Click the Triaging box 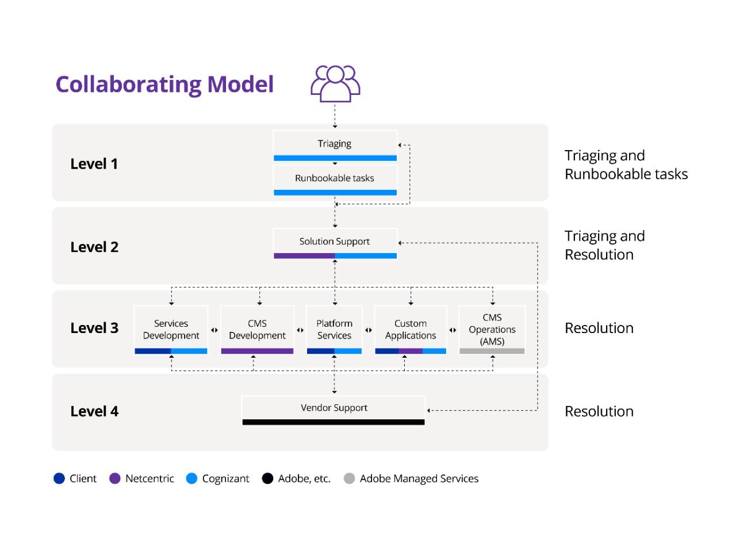click(x=335, y=146)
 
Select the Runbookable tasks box click(x=335, y=180)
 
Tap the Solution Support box click(x=335, y=244)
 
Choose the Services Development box click(x=171, y=330)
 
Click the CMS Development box click(x=257, y=330)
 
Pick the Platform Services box click(x=334, y=330)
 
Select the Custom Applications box click(x=411, y=330)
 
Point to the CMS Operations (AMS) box click(x=492, y=330)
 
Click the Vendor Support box click(x=333, y=410)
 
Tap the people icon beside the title click(x=335, y=83)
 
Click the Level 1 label click(x=94, y=164)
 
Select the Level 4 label click(x=94, y=411)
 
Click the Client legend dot click(x=59, y=479)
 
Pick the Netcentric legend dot click(x=115, y=479)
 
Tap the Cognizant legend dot click(x=192, y=479)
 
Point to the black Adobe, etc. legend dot click(x=267, y=479)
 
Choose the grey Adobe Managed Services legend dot click(x=349, y=479)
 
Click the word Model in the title click(x=240, y=84)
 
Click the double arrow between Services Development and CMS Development click(x=214, y=330)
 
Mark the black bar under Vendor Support click(x=333, y=422)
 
